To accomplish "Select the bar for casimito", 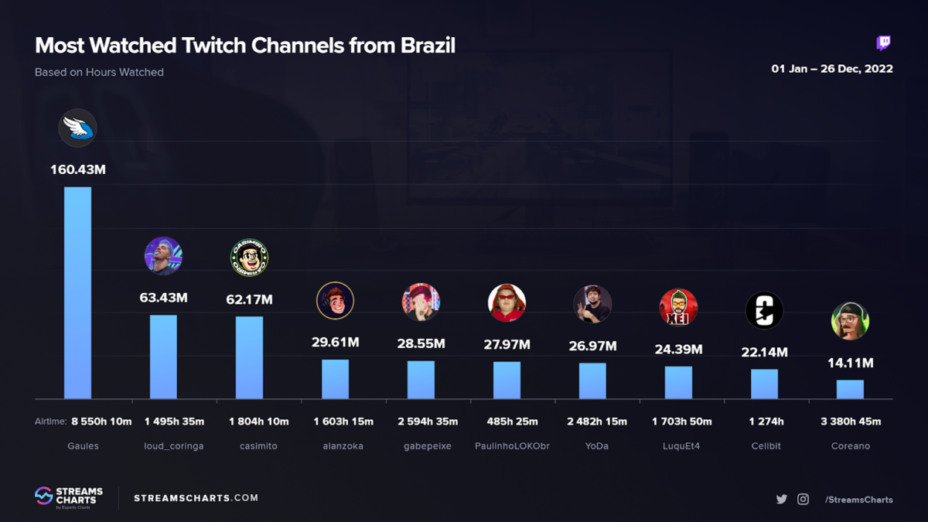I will pos(249,357).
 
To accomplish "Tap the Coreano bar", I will pos(850,389).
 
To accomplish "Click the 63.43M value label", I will pos(163,298).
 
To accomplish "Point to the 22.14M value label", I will pos(764,353).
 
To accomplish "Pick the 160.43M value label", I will pos(77,169).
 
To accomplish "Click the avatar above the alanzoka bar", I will pos(335,301).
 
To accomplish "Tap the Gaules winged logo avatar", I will pos(77,128).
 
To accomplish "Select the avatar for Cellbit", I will pos(764,311).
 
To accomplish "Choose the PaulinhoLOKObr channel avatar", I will pos(507,302).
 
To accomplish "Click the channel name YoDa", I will pos(597,446).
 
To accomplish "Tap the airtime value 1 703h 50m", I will pos(681,421).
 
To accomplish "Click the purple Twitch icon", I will pos(883,43).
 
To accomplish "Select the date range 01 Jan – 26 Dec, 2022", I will pos(832,69).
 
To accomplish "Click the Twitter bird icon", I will pos(782,500).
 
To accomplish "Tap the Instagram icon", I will pos(803,500).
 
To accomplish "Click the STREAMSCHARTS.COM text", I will pos(196,498).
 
